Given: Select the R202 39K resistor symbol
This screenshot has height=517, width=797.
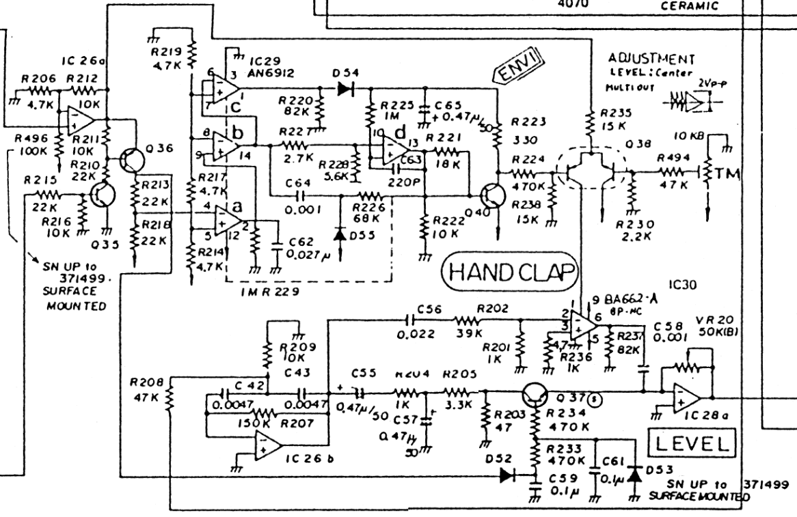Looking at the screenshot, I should (470, 319).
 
